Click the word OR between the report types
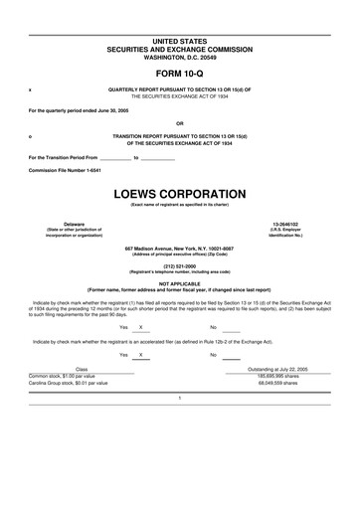[179, 124]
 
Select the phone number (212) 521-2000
[179, 265]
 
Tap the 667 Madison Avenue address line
[179, 248]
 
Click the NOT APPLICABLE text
[179, 283]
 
